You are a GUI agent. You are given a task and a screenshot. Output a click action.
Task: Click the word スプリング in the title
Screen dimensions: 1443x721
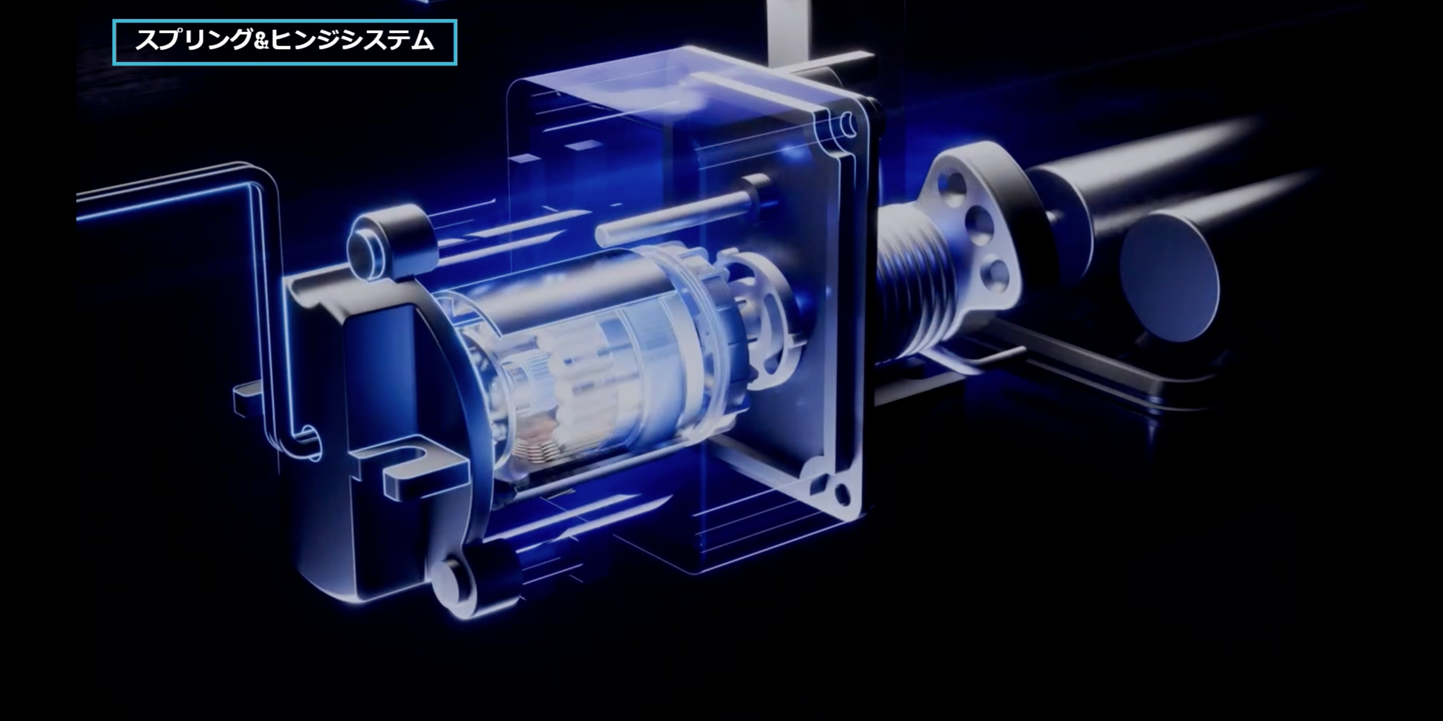[194, 40]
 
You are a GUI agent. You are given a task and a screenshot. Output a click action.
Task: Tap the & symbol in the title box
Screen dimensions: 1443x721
[262, 41]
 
